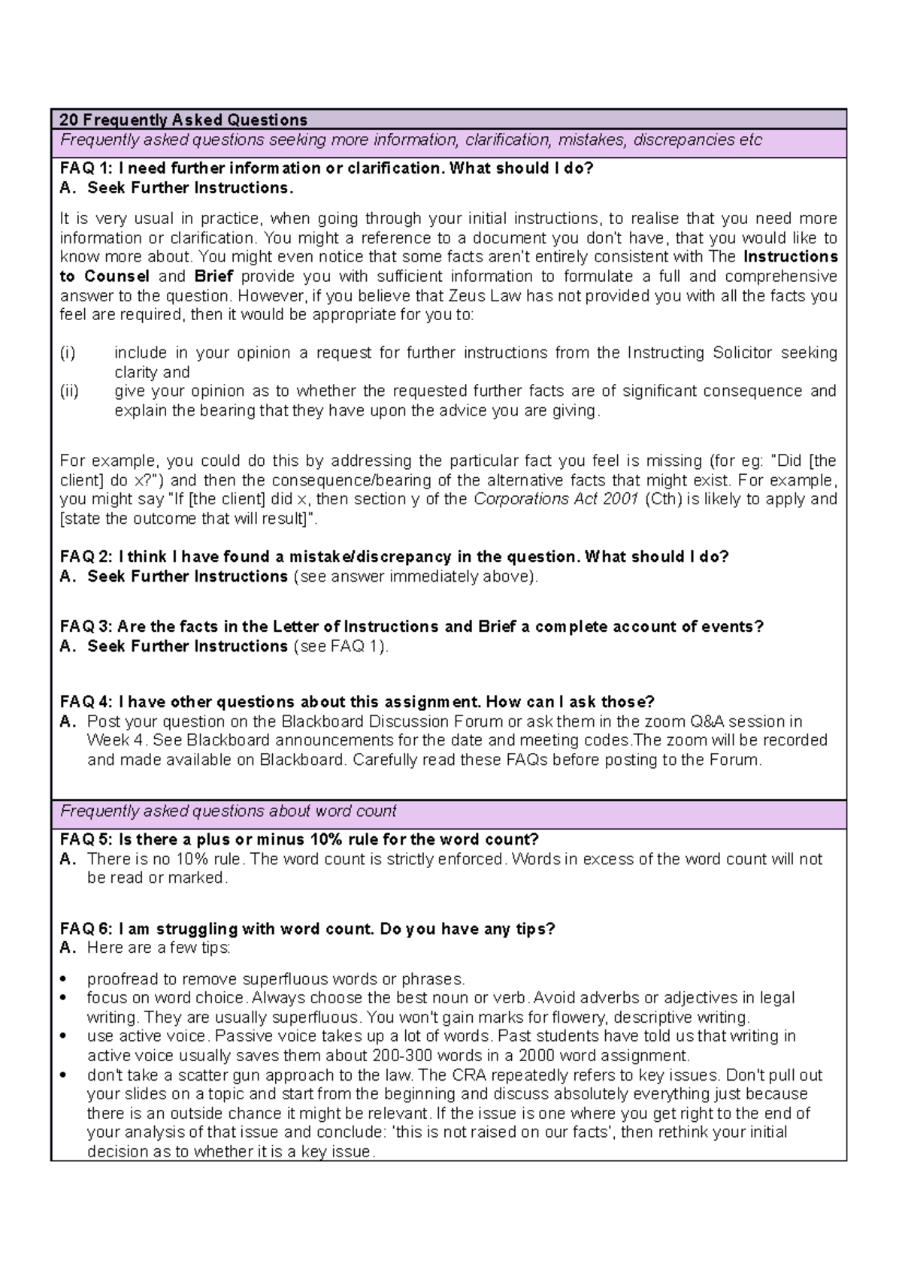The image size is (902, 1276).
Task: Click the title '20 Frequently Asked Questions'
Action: tap(183, 119)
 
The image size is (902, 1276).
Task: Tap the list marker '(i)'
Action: tap(68, 353)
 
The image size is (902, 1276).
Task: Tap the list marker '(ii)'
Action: tap(69, 391)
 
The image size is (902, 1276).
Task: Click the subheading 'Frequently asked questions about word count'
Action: tap(228, 812)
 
